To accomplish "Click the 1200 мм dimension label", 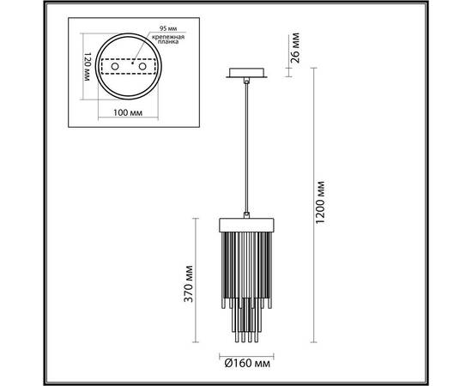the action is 319,202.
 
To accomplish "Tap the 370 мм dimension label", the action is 189,283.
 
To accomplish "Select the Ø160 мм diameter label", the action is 247,364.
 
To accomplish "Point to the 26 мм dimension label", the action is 295,48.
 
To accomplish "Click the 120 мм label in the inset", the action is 88,67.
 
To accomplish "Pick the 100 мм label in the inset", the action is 128,113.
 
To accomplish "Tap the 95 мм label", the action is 168,28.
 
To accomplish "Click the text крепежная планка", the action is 168,39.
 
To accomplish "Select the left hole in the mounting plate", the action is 115,66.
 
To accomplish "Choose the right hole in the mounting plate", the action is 142,66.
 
